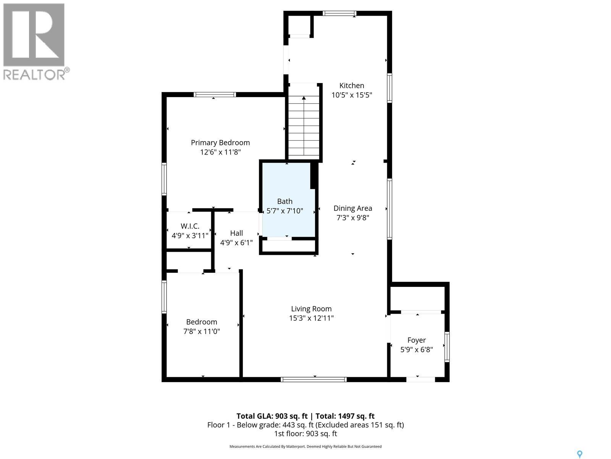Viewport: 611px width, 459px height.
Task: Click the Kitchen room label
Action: [x=352, y=86]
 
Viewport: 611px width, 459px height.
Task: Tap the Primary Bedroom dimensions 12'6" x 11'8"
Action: [x=220, y=152]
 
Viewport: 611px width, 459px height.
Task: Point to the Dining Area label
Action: [x=352, y=208]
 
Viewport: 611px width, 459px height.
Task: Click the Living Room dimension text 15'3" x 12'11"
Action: [x=311, y=318]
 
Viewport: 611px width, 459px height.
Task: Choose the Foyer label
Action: [x=416, y=340]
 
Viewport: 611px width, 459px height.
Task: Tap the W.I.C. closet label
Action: [x=190, y=226]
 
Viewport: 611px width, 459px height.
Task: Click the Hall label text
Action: [x=236, y=233]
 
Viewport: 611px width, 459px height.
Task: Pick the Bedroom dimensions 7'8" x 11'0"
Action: [x=201, y=331]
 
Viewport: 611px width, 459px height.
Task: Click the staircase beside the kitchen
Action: [x=304, y=126]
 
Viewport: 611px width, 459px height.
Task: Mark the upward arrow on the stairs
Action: [x=304, y=98]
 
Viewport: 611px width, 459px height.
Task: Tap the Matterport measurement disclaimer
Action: [x=305, y=446]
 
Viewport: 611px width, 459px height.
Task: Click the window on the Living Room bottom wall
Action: [x=314, y=379]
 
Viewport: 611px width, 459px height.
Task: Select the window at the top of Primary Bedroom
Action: [x=215, y=94]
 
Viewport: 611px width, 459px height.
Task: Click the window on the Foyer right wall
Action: [x=447, y=347]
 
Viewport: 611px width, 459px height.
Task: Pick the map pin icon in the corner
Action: [x=579, y=454]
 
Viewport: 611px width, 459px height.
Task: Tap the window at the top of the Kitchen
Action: [x=339, y=13]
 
